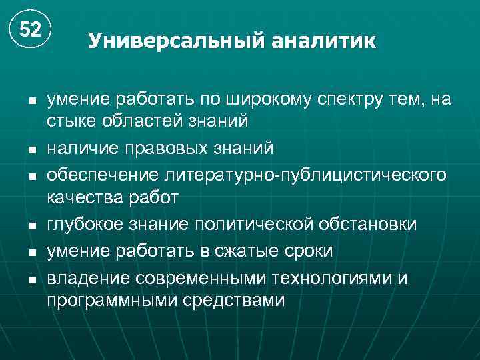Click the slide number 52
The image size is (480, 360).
pos(30,30)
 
